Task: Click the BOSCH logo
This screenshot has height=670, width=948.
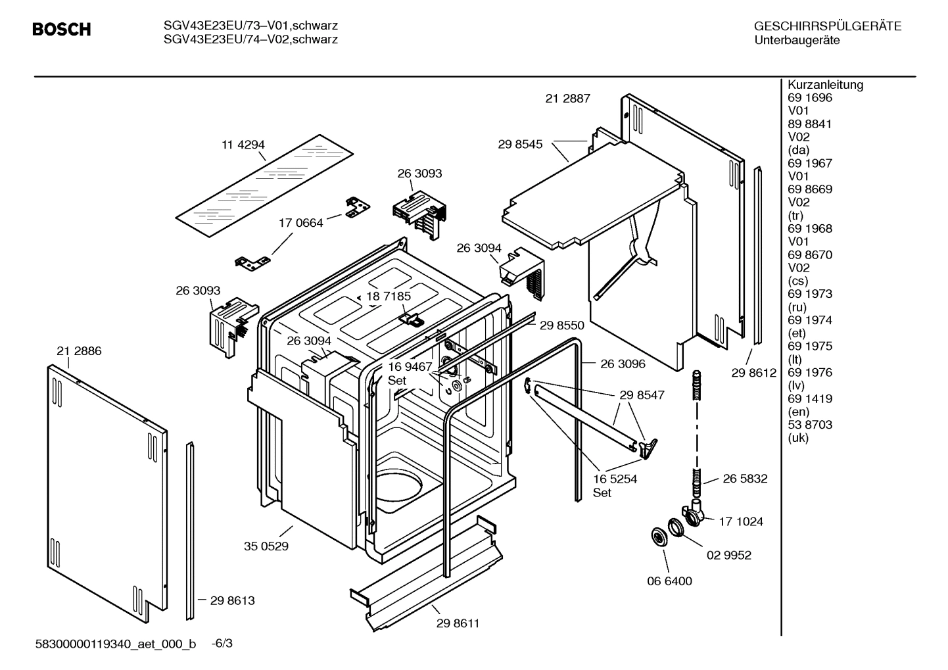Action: (61, 30)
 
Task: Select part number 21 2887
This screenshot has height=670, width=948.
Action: (567, 99)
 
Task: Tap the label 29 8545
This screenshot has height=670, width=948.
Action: (520, 144)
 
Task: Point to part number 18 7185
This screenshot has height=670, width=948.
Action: (389, 297)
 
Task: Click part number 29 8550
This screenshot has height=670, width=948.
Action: (561, 325)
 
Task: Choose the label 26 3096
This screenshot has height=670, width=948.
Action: (623, 364)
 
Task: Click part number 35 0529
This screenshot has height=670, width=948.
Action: (266, 546)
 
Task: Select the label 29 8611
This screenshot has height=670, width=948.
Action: (458, 623)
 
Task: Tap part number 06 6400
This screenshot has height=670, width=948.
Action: (669, 581)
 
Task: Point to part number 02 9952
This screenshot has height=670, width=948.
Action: (728, 555)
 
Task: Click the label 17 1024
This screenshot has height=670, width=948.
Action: (740, 522)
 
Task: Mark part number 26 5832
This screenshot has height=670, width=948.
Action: (745, 479)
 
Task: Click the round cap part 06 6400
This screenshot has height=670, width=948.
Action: (656, 536)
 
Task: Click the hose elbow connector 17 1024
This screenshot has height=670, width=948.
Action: (692, 514)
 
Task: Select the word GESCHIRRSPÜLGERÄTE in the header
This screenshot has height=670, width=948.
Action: (827, 26)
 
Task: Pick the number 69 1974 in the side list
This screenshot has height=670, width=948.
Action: (809, 320)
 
